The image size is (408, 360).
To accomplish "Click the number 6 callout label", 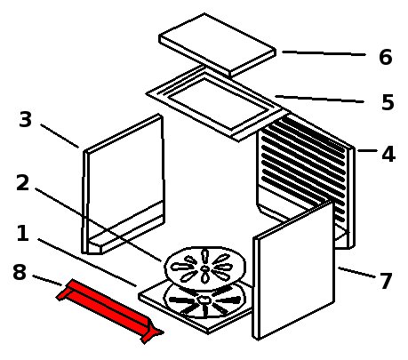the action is point(386,57).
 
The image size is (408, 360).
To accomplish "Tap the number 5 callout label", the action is point(388,102).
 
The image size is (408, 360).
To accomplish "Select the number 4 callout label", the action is point(388,155).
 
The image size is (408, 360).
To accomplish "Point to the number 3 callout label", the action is point(25,119).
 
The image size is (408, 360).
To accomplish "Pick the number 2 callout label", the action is point(23,183).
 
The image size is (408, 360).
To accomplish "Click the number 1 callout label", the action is point(22,233).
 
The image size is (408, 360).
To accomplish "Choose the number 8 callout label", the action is point(20,272).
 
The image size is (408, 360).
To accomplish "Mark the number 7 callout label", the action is point(386,281).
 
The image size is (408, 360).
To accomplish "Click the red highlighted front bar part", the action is point(109,310).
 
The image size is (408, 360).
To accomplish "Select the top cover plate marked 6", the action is point(218,44).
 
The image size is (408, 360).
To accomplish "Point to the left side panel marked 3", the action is point(123,184).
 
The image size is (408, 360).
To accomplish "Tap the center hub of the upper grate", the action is point(204,268).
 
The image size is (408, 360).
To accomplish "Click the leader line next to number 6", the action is point(324,53).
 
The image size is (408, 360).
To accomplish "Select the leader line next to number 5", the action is point(319,99).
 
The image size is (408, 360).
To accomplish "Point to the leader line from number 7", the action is point(356,272).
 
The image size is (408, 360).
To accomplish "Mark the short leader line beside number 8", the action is point(47,280).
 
